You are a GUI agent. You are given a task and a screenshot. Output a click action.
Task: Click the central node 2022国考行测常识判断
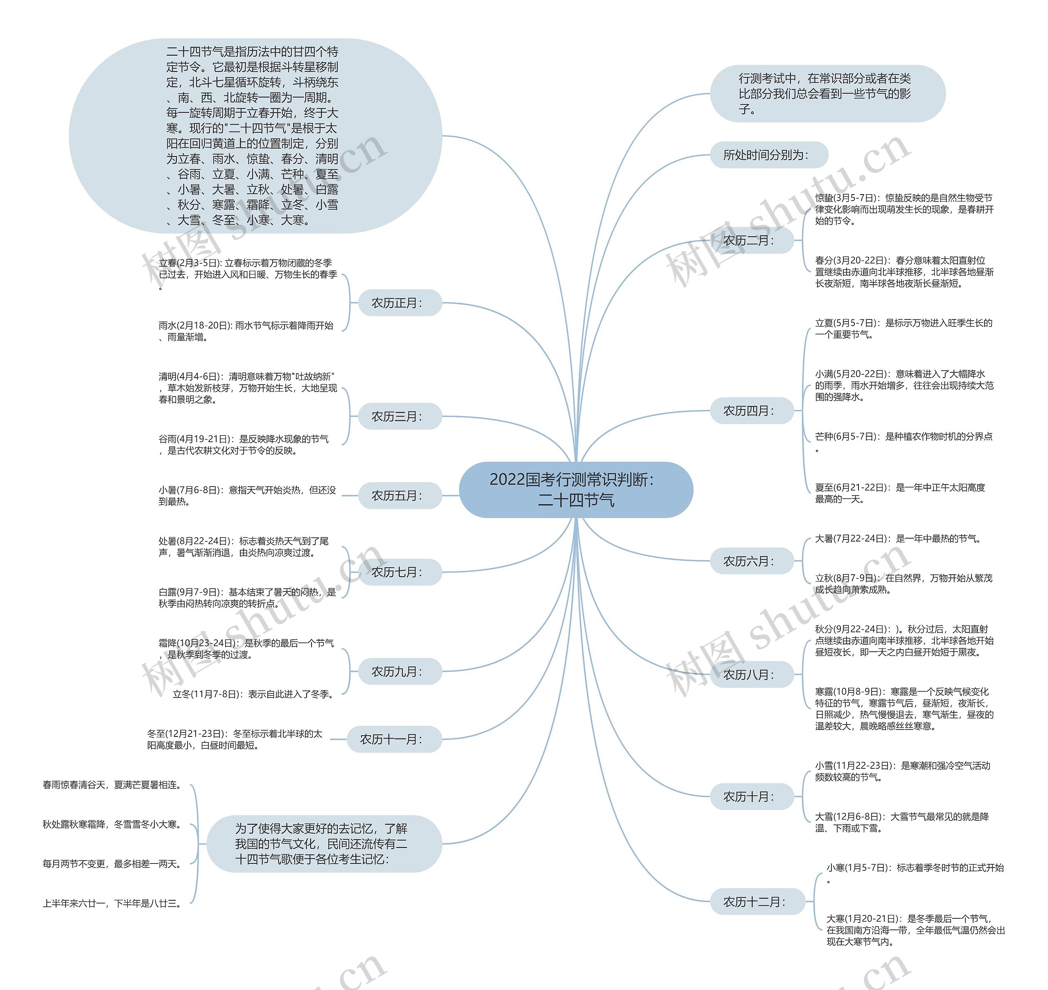[576, 490]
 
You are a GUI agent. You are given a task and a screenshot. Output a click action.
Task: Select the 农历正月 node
[400, 303]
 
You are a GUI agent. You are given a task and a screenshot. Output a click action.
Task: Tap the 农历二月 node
[752, 241]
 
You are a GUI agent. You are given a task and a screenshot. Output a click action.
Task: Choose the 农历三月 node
[400, 417]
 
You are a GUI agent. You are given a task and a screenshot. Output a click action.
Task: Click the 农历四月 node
[752, 410]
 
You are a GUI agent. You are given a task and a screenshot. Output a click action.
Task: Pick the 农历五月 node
[400, 496]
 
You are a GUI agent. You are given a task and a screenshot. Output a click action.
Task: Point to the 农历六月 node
[752, 561]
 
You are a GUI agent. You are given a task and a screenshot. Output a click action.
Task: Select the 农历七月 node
[400, 572]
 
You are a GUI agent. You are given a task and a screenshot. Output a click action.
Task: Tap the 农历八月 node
[752, 675]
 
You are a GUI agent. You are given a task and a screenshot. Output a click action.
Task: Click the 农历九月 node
[400, 671]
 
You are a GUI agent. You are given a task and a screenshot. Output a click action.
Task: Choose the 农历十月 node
[752, 796]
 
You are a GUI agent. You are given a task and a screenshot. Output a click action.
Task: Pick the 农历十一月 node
[394, 739]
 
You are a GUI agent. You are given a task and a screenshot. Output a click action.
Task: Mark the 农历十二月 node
[757, 902]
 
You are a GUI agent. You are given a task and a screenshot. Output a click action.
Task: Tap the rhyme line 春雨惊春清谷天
[112, 785]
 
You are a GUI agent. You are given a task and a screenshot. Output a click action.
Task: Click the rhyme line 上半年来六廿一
[112, 904]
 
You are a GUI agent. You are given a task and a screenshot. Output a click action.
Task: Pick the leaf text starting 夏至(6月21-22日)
[900, 493]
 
